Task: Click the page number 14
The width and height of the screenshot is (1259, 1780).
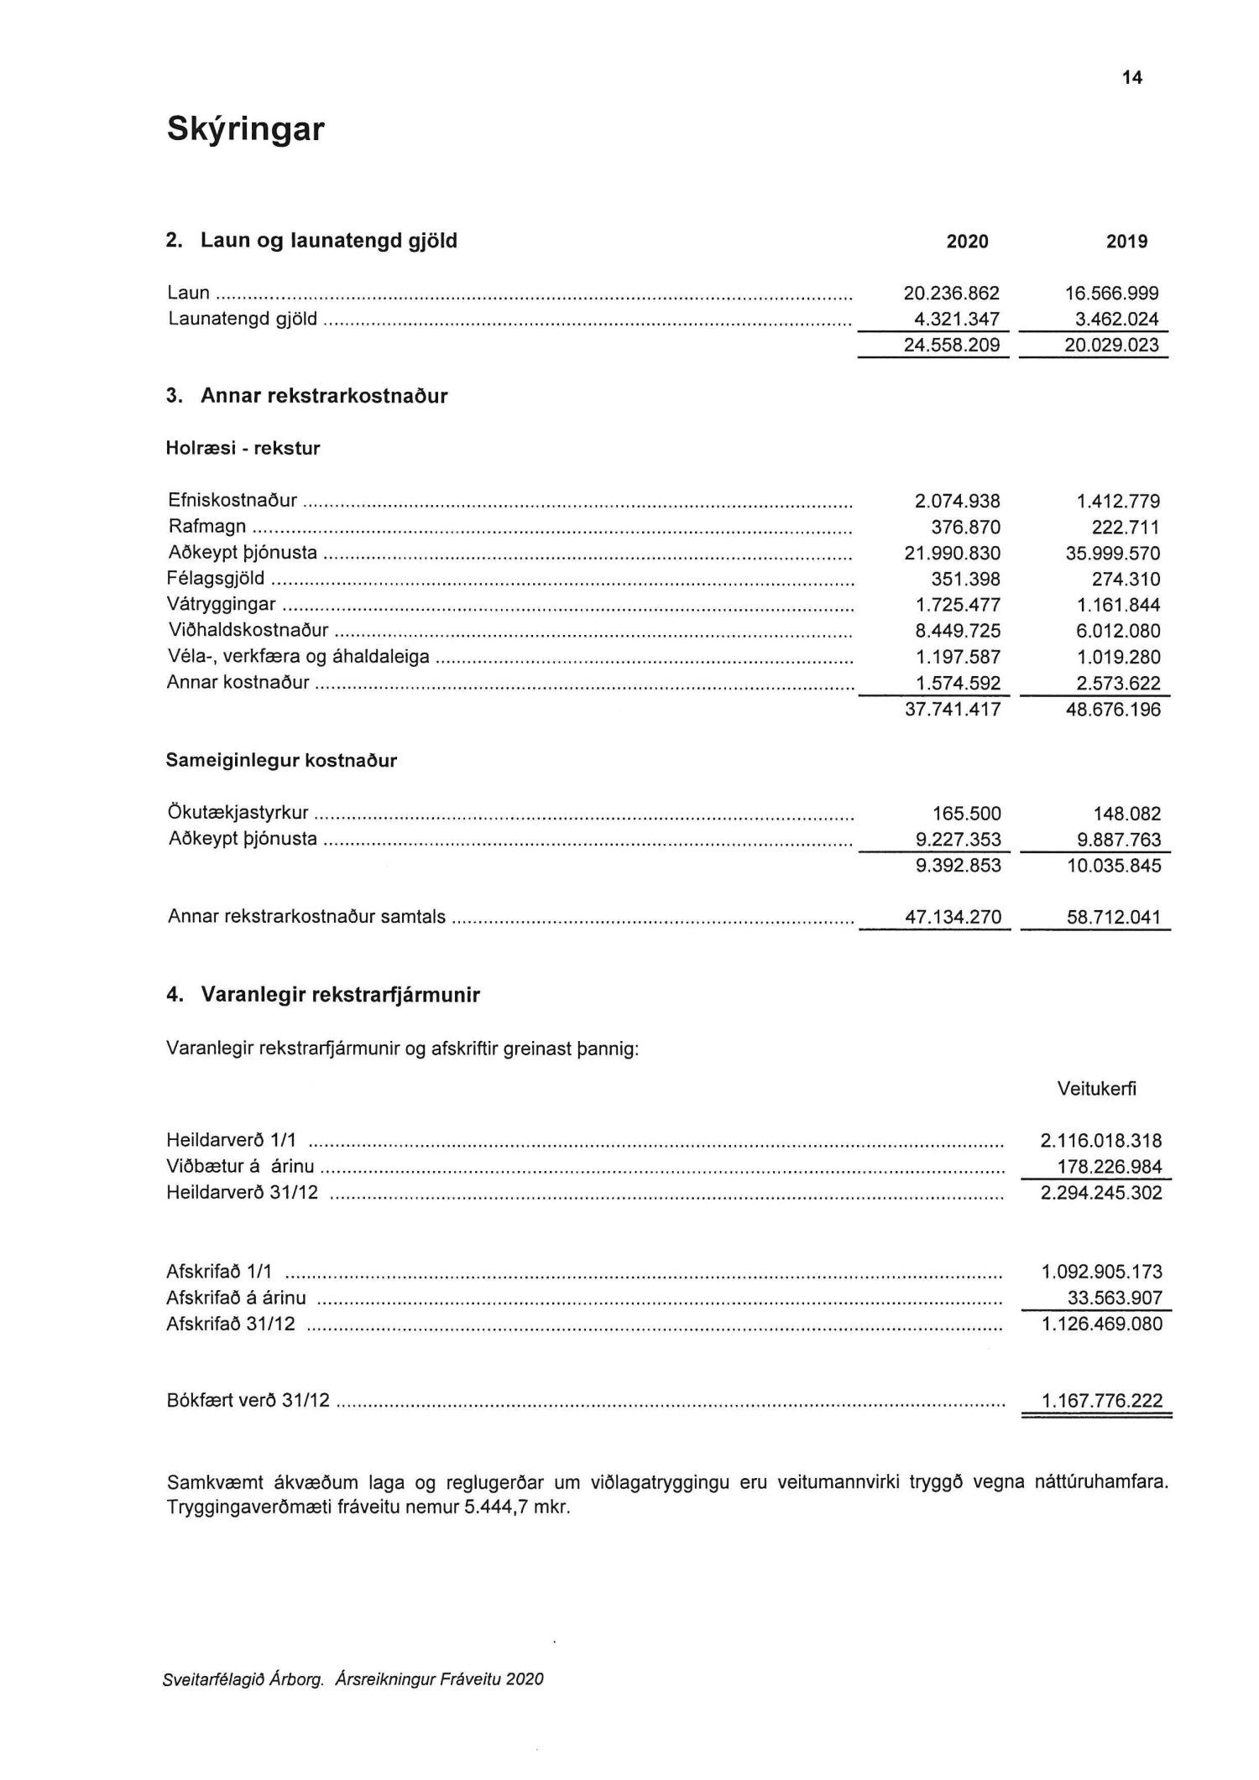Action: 1131,78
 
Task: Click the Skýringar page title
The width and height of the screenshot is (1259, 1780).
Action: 245,130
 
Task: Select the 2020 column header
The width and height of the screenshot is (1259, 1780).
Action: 967,242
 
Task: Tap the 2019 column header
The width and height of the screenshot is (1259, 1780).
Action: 1126,242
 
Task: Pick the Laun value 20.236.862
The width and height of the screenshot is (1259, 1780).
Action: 952,294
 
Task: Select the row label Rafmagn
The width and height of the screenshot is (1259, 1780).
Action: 207,527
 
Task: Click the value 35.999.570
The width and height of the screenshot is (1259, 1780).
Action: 1112,554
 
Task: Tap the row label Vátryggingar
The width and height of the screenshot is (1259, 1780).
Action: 222,605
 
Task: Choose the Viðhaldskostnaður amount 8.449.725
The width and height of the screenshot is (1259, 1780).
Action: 958,632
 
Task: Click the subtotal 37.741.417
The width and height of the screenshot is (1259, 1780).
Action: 952,710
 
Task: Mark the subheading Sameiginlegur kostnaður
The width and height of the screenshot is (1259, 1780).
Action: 281,761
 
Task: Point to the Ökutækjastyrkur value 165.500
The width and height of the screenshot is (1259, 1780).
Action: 966,814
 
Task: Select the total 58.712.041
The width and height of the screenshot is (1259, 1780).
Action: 1114,918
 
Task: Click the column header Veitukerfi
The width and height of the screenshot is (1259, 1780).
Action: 1097,1089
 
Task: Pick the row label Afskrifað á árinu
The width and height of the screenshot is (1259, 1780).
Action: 236,1299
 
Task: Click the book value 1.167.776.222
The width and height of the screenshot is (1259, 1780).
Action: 1102,1401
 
